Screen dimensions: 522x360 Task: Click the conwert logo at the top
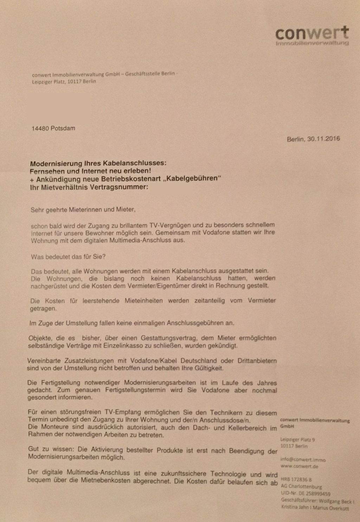click(312, 35)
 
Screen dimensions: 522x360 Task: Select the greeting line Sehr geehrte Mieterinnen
click(82, 210)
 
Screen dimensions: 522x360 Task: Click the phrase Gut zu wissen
click(51, 450)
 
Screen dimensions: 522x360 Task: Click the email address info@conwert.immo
click(303, 459)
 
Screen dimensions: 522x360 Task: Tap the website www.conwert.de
click(299, 466)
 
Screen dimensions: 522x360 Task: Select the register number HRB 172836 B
click(296, 480)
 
